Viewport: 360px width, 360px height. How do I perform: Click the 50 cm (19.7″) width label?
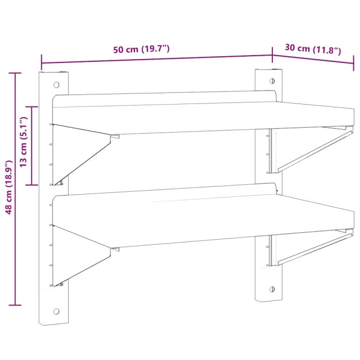pyautogui.click(x=141, y=49)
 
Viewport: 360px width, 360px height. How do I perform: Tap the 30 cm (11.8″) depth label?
pyautogui.click(x=313, y=49)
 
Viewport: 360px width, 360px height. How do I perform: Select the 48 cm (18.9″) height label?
pyautogui.click(x=9, y=187)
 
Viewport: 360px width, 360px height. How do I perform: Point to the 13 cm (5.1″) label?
pyautogui.click(x=24, y=142)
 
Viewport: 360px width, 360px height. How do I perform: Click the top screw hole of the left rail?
pyautogui.click(x=56, y=85)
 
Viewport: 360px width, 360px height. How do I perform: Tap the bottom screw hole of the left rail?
pyautogui.click(x=56, y=311)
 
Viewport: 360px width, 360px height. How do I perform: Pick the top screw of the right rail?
pyautogui.click(x=272, y=81)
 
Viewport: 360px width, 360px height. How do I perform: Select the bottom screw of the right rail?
pyautogui.click(x=272, y=289)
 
